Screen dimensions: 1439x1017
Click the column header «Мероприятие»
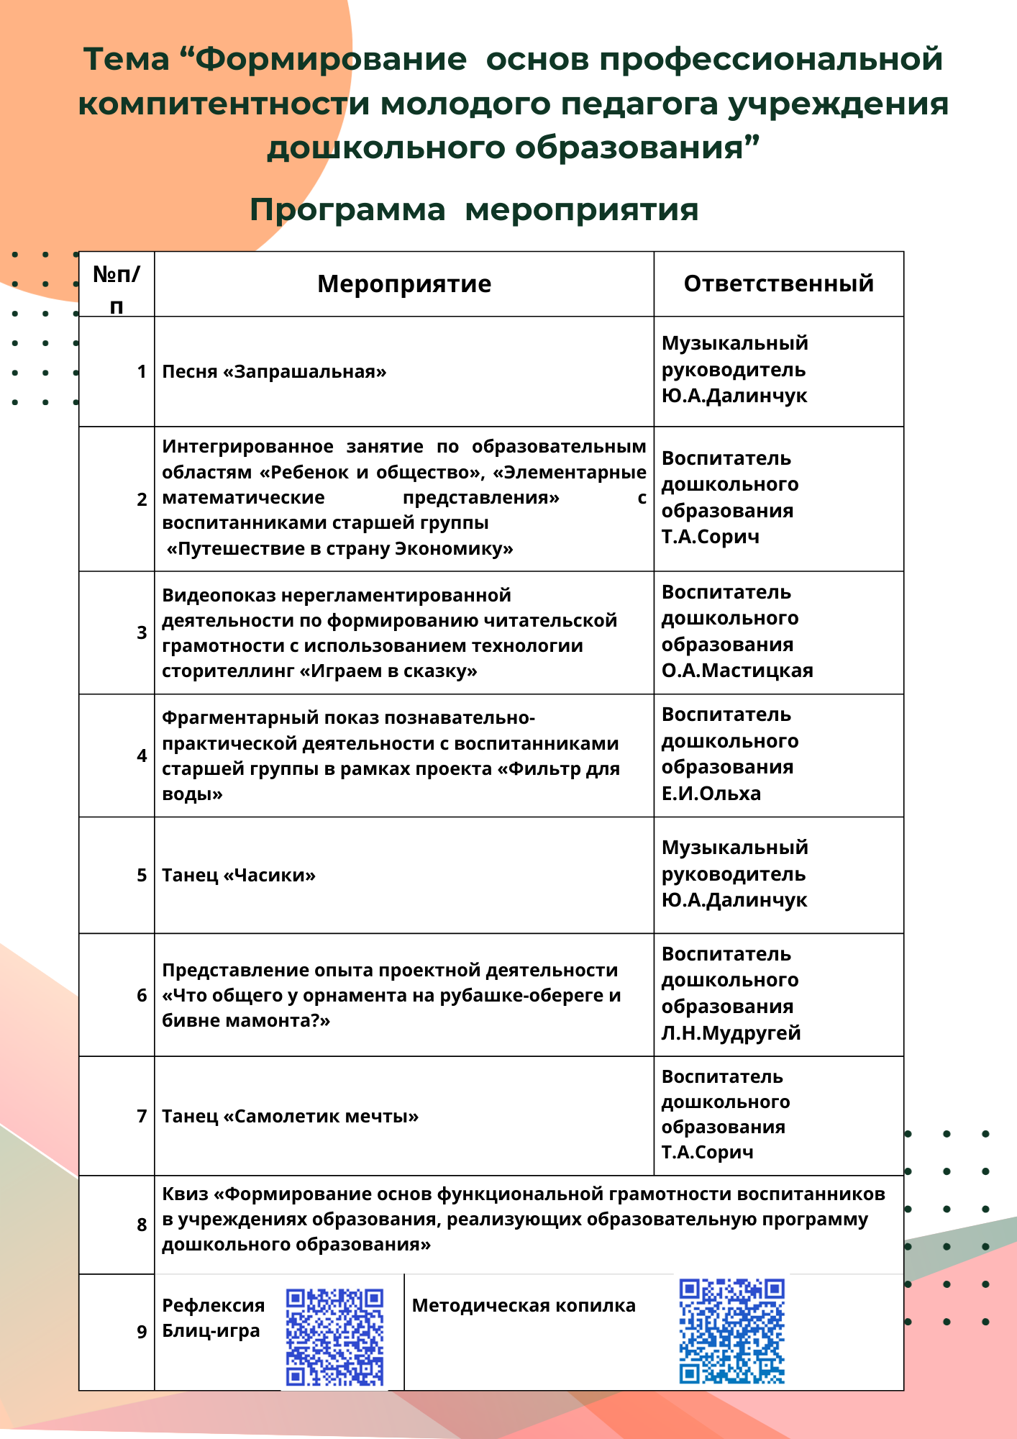(404, 284)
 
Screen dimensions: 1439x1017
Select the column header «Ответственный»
(778, 283)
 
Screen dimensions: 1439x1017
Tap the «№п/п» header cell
(117, 289)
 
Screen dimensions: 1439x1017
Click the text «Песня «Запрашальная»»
(274, 372)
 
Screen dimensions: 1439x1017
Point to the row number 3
(142, 633)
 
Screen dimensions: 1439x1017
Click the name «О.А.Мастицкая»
(737, 671)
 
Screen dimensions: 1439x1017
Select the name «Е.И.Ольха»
(711, 794)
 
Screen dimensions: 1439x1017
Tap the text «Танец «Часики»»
(239, 876)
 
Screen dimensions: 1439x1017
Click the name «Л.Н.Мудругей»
(731, 1033)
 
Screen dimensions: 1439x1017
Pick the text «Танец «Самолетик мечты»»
(290, 1117)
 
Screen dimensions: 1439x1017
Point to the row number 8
(142, 1225)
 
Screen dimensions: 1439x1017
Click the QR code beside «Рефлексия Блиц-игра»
(334, 1337)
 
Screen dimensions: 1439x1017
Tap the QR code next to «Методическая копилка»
(731, 1331)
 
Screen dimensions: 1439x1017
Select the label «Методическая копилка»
(524, 1306)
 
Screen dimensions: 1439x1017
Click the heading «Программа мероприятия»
(474, 210)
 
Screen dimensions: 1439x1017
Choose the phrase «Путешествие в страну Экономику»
(339, 549)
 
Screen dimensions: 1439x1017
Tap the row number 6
(142, 996)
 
